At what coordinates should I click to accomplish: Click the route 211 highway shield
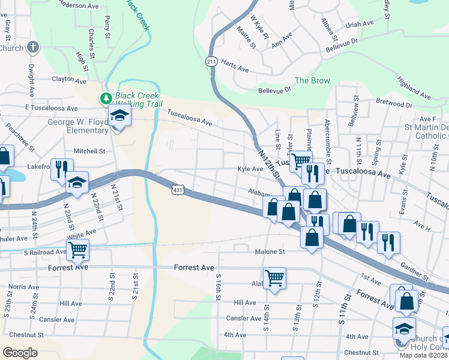(x=211, y=62)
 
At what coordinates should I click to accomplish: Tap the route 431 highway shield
(x=178, y=190)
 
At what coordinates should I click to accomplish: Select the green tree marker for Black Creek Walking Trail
(x=106, y=98)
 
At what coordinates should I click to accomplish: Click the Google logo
(x=20, y=353)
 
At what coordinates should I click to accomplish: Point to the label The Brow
(x=312, y=81)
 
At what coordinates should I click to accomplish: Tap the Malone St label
(x=269, y=252)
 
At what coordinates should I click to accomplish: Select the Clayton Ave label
(x=70, y=79)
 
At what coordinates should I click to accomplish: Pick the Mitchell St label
(x=89, y=151)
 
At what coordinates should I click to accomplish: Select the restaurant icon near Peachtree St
(x=62, y=169)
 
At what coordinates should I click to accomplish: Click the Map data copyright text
(x=424, y=355)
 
